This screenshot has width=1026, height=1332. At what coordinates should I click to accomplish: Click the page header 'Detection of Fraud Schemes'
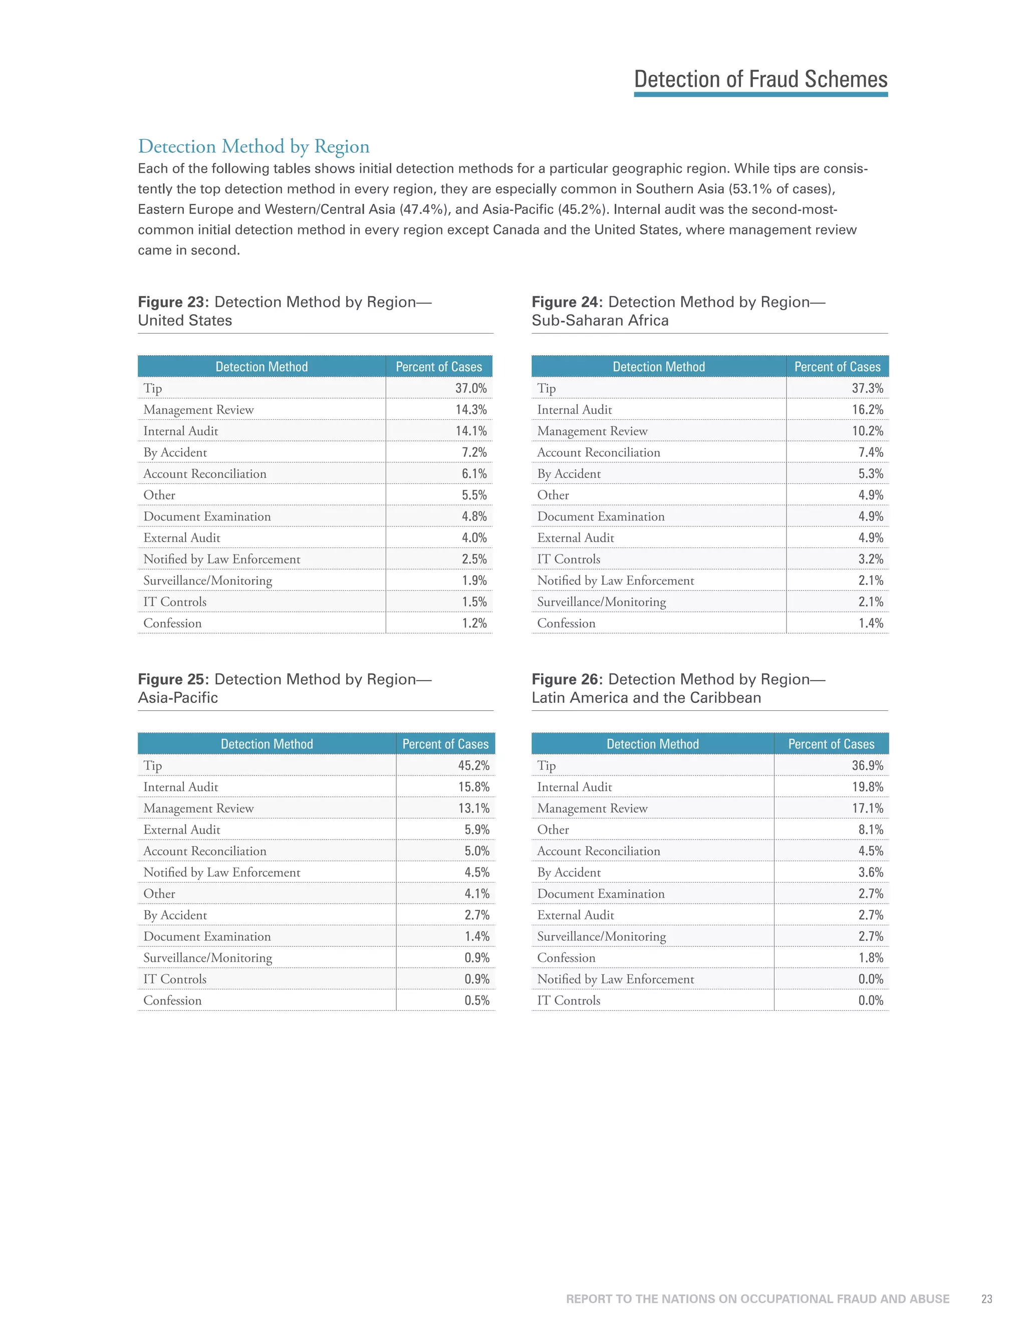point(760,79)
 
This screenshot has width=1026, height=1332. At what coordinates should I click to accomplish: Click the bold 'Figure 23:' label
point(173,302)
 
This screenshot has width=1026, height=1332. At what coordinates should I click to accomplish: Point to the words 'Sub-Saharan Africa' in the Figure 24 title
point(600,321)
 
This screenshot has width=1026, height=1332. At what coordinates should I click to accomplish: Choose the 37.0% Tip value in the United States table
point(470,389)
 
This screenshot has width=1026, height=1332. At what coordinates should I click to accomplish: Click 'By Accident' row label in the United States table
point(175,452)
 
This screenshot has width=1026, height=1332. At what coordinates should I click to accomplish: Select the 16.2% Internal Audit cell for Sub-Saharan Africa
point(867,410)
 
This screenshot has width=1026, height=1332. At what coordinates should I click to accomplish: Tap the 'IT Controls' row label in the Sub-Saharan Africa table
point(569,559)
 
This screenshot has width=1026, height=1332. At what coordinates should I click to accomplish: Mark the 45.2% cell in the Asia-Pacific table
point(473,766)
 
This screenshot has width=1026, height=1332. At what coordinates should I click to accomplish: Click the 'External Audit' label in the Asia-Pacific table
point(182,830)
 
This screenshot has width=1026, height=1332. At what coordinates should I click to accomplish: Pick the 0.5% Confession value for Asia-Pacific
point(476,1001)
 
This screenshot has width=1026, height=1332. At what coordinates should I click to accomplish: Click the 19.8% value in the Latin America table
point(867,787)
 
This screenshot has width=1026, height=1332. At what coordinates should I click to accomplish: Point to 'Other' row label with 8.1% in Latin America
point(553,830)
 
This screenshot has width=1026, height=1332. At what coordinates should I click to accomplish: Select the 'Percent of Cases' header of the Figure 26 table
point(831,744)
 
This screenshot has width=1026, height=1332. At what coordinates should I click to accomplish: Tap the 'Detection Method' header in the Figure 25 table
point(267,744)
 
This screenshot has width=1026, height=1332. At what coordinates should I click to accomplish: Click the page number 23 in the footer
point(986,1299)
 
